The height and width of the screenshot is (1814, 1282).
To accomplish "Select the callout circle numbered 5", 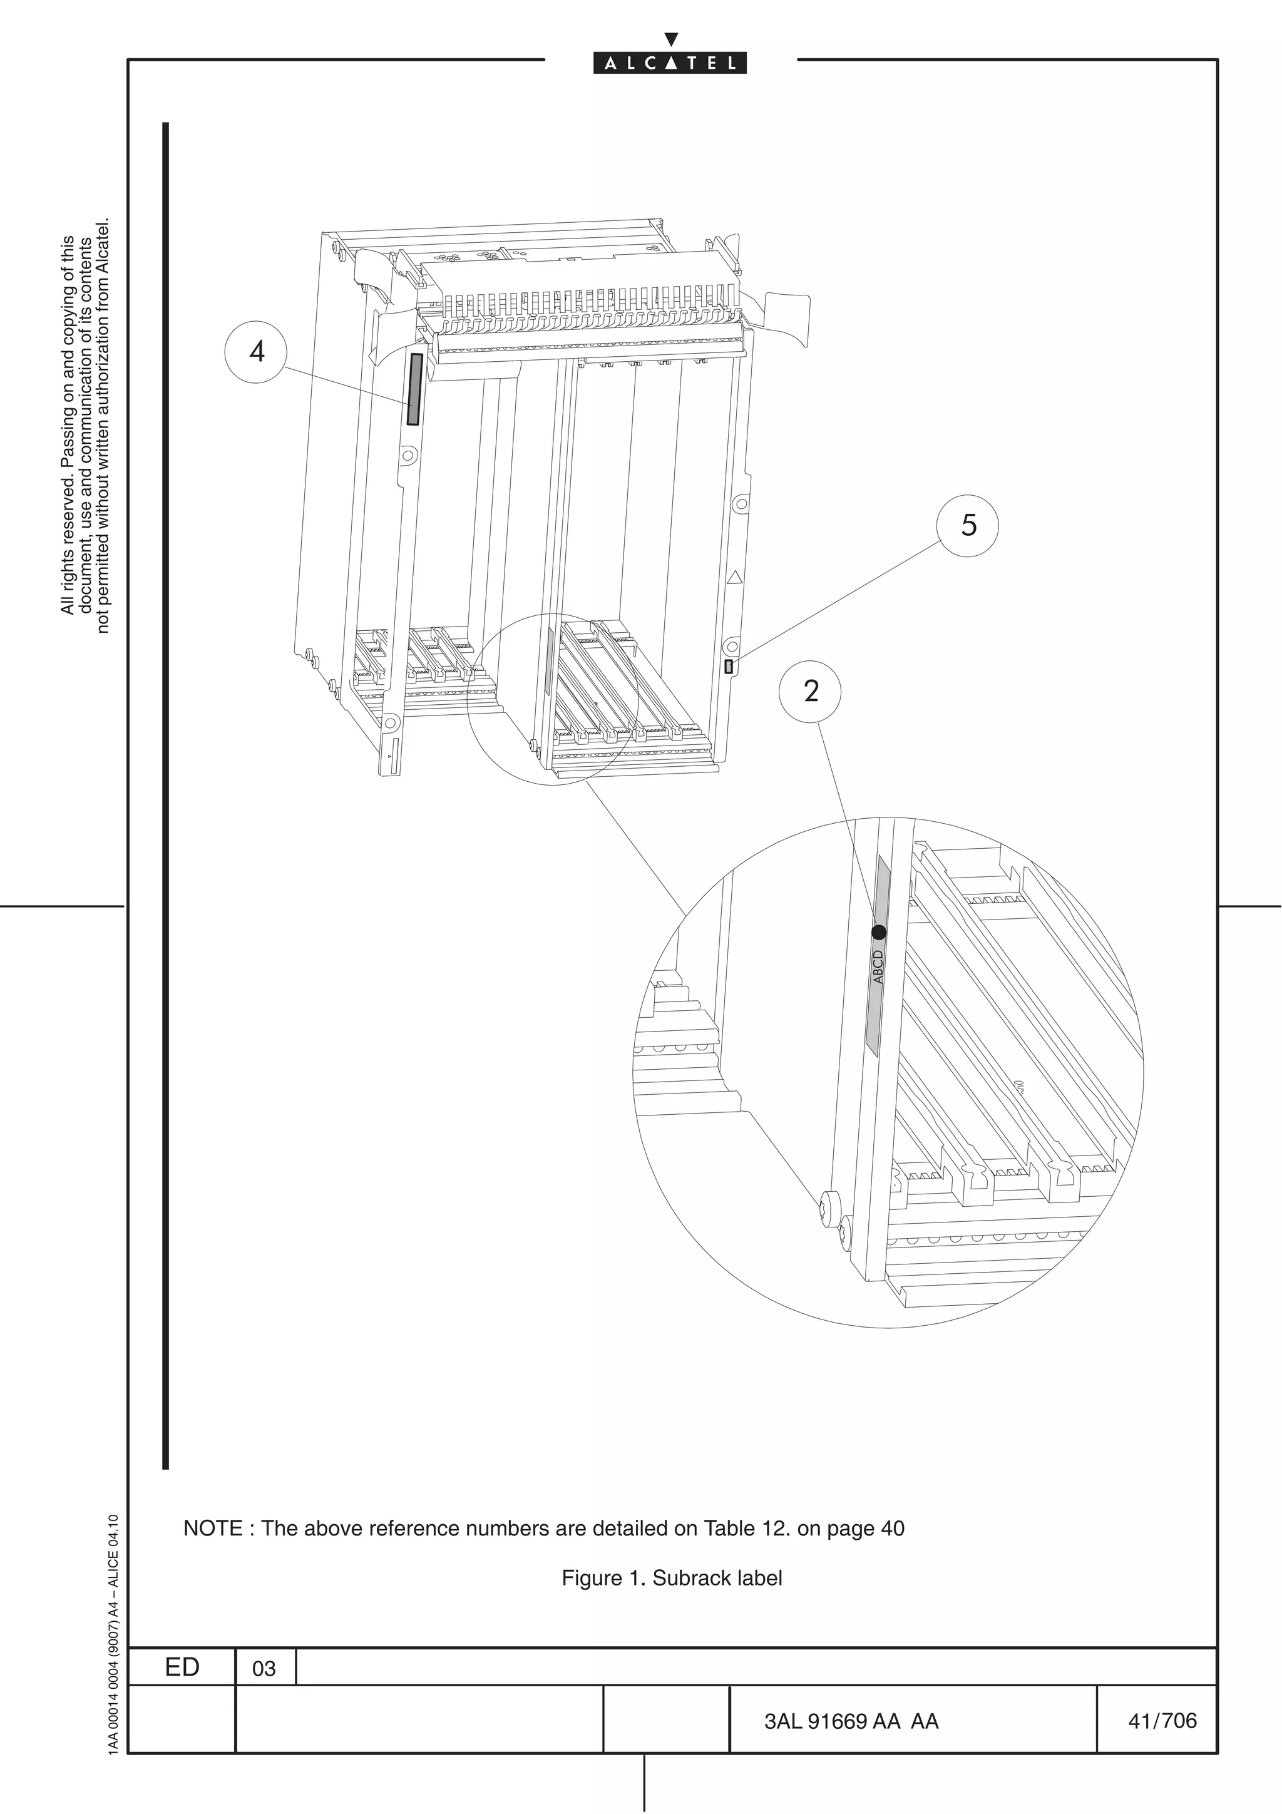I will coord(968,525).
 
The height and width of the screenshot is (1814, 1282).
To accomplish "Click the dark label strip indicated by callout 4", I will coord(414,389).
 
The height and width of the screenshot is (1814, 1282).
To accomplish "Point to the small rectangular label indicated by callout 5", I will coord(728,666).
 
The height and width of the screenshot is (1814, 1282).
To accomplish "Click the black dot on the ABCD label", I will coord(879,932).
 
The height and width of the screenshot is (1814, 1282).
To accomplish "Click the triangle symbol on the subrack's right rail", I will coord(735,578).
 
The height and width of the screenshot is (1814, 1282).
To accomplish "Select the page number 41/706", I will coord(1162,1721).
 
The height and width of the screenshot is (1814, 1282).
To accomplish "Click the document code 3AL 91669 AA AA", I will coord(851,1721).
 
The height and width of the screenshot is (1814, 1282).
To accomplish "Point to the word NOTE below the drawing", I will coord(212,1529).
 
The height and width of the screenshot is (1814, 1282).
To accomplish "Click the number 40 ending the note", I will coord(892,1529).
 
